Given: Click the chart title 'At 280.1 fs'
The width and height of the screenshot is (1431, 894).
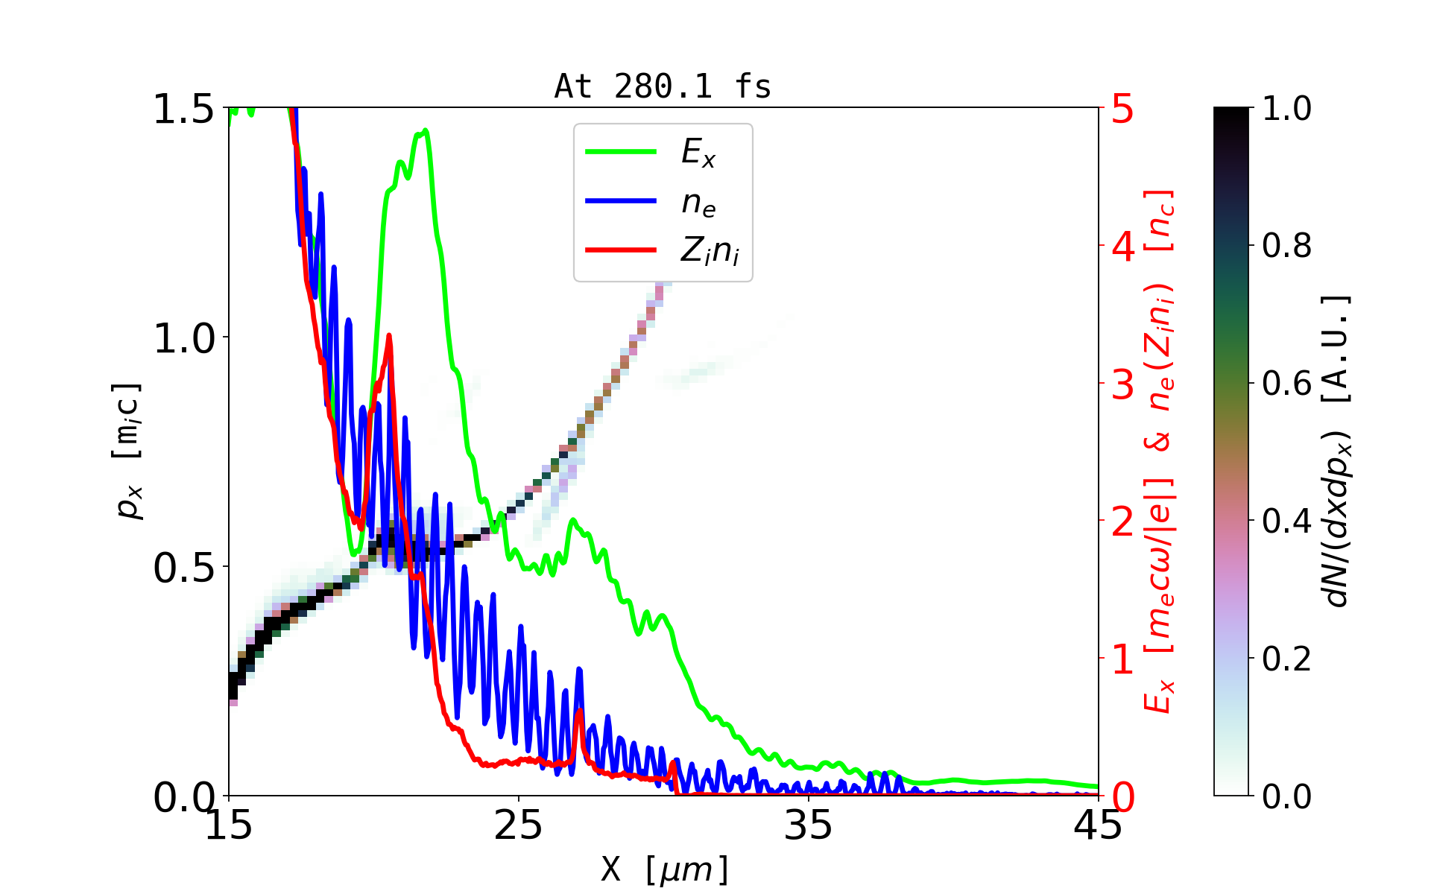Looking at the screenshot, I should pyautogui.click(x=663, y=87).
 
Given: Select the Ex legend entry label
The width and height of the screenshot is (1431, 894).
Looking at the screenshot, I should pyautogui.click(x=698, y=153).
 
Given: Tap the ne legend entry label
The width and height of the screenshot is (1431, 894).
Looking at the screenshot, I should pyautogui.click(x=698, y=202).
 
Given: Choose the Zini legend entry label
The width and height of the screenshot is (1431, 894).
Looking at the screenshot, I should pyautogui.click(x=710, y=251).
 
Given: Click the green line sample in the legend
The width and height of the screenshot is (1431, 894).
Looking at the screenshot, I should pyautogui.click(x=621, y=152).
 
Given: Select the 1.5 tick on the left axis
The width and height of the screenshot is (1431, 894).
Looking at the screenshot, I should pyautogui.click(x=184, y=109).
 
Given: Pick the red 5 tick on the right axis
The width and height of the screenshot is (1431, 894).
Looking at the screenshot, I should pyautogui.click(x=1123, y=109).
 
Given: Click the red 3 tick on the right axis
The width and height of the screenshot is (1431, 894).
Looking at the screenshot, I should pyautogui.click(x=1123, y=384).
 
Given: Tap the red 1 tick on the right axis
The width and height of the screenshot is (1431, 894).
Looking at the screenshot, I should pyautogui.click(x=1123, y=659).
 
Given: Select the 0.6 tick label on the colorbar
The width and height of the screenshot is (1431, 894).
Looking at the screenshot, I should pyautogui.click(x=1286, y=384).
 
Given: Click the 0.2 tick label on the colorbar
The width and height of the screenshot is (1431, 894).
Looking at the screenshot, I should pyautogui.click(x=1286, y=659).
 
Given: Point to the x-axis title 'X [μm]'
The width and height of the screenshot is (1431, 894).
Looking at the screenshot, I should pyautogui.click(x=664, y=869).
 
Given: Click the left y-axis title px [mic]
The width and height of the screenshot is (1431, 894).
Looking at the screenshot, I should pyautogui.click(x=127, y=451).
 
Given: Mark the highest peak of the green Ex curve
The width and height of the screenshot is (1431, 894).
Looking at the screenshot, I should pyautogui.click(x=426, y=131).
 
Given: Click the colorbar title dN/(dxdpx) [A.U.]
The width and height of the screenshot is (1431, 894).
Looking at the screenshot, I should pyautogui.click(x=1338, y=451).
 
